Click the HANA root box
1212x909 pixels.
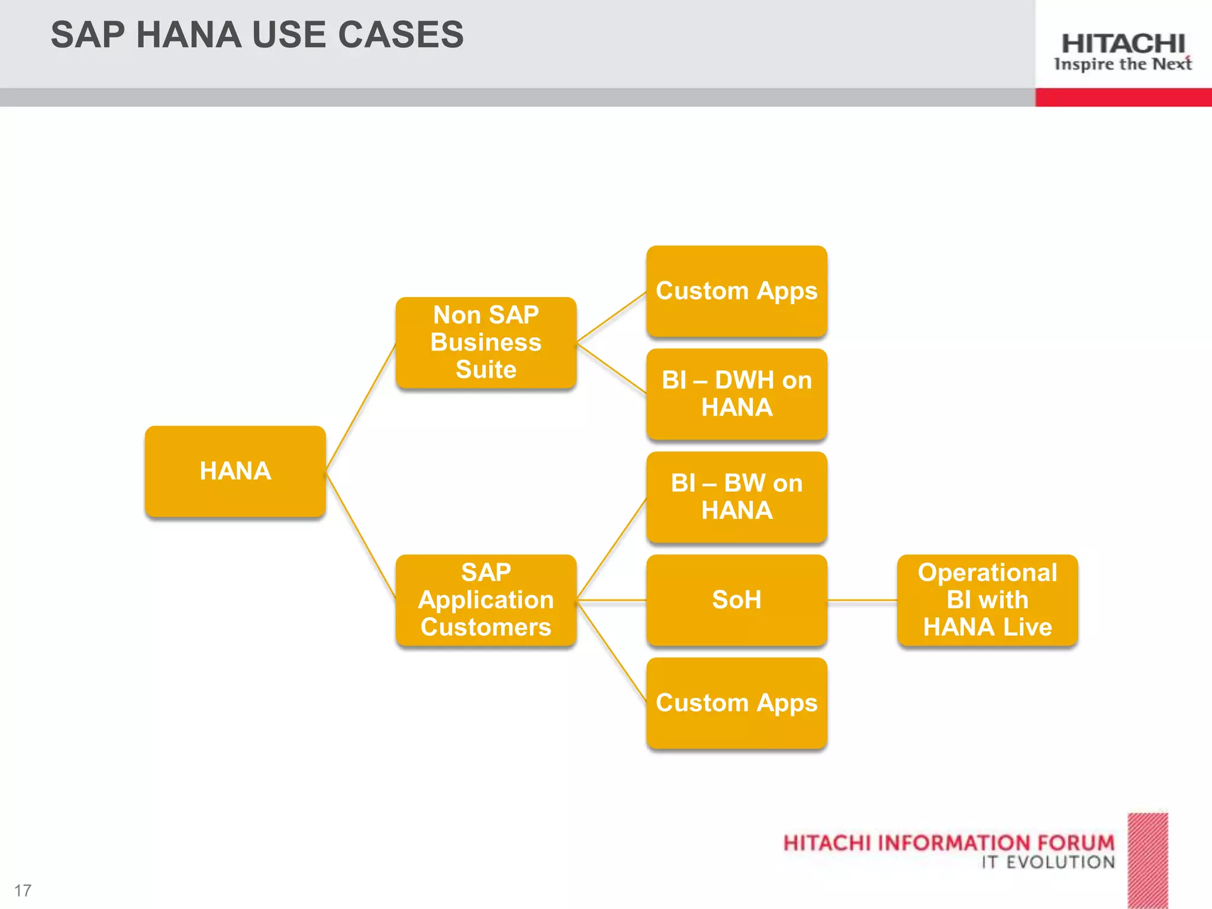(235, 471)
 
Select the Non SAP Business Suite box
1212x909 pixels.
(486, 343)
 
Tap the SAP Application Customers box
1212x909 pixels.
(486, 599)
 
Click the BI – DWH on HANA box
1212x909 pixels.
(736, 394)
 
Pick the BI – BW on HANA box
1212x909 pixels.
(736, 497)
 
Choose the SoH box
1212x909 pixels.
(736, 599)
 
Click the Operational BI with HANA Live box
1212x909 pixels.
(987, 599)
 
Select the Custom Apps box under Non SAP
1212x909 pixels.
(736, 291)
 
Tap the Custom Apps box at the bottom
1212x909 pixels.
(736, 702)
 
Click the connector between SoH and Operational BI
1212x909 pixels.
(862, 600)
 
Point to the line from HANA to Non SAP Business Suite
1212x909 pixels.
(361, 407)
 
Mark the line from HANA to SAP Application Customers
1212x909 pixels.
(361, 536)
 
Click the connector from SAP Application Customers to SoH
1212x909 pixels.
(611, 600)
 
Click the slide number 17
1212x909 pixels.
(22, 890)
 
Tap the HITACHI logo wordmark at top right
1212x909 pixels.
(1123, 44)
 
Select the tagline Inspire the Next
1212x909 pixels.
(1123, 64)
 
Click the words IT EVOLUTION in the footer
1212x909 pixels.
(1048, 862)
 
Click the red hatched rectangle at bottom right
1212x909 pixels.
(1147, 860)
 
